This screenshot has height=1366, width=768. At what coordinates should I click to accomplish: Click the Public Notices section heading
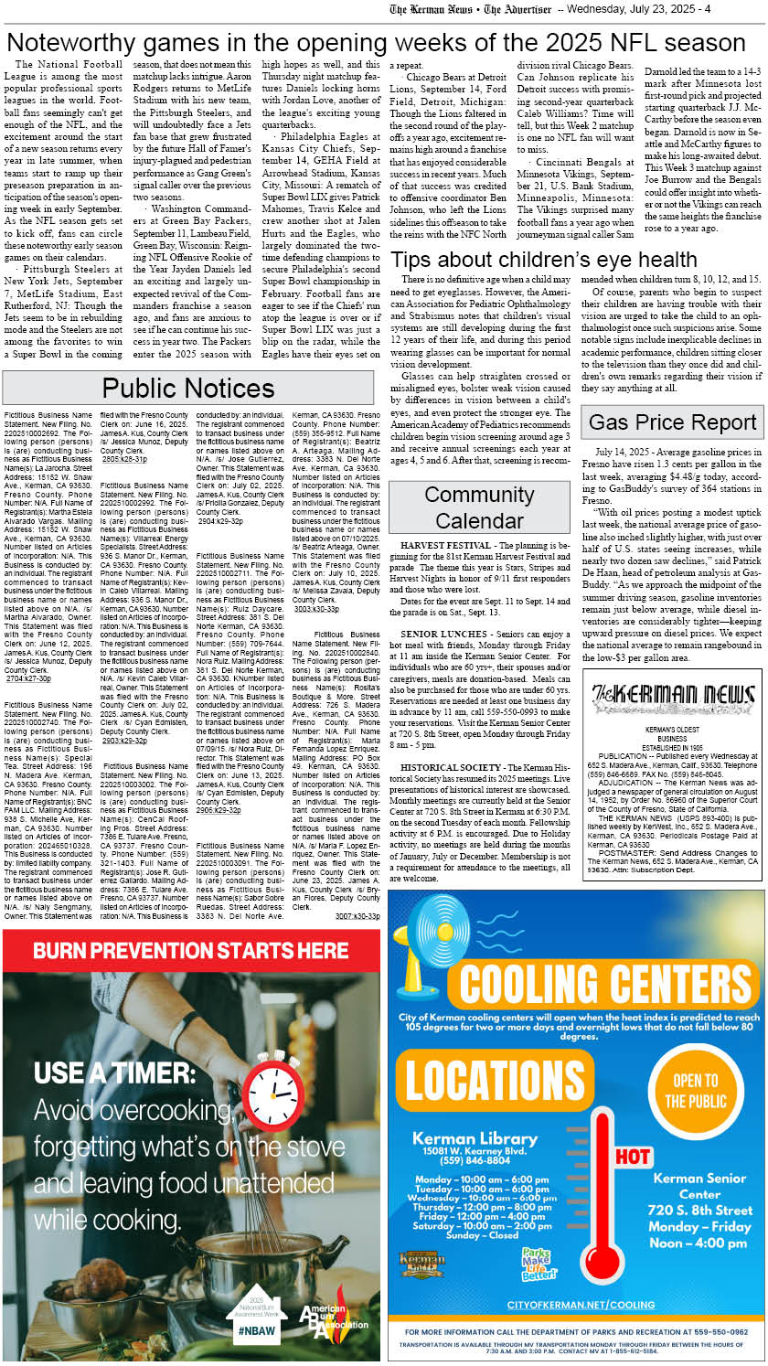pyautogui.click(x=188, y=389)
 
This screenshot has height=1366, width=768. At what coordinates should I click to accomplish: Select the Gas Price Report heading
pyautogui.click(x=672, y=422)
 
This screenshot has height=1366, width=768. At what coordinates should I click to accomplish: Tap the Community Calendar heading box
pyautogui.click(x=479, y=507)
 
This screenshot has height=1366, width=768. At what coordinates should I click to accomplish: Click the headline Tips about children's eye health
pyautogui.click(x=544, y=260)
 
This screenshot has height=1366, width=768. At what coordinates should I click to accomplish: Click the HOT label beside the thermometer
pyautogui.click(x=633, y=1157)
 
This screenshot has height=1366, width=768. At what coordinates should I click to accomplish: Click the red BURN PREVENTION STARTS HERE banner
pyautogui.click(x=191, y=950)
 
